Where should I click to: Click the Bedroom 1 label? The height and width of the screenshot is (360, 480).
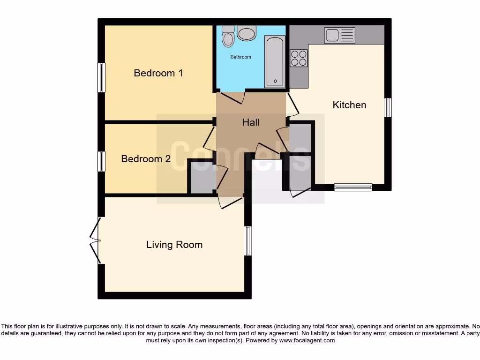[158, 73]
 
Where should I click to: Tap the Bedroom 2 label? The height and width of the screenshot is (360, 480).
[145, 159]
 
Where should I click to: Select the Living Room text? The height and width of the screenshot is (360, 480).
[174, 245]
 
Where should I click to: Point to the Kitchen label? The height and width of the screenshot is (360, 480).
[349, 105]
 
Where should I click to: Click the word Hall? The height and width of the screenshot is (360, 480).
[251, 122]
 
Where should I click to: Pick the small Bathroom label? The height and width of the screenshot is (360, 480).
[240, 57]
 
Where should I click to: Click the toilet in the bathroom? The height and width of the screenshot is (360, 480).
[228, 36]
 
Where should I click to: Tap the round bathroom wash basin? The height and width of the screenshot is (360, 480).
[247, 33]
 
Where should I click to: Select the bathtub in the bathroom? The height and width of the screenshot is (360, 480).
[275, 61]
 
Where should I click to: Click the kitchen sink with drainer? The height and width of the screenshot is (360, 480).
[340, 35]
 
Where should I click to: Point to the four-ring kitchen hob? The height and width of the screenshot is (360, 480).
[299, 58]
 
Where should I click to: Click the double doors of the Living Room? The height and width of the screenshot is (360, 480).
[96, 241]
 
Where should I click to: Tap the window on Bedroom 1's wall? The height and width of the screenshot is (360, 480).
[101, 77]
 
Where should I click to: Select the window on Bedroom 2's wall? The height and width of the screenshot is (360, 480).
[101, 161]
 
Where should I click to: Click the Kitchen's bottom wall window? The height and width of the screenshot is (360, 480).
[353, 187]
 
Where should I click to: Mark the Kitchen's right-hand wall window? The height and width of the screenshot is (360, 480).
[388, 107]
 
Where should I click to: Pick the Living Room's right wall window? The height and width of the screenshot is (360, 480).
[248, 241]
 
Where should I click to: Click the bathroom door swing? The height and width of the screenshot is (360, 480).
[233, 97]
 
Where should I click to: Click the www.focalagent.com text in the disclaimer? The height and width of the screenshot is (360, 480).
[307, 341]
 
